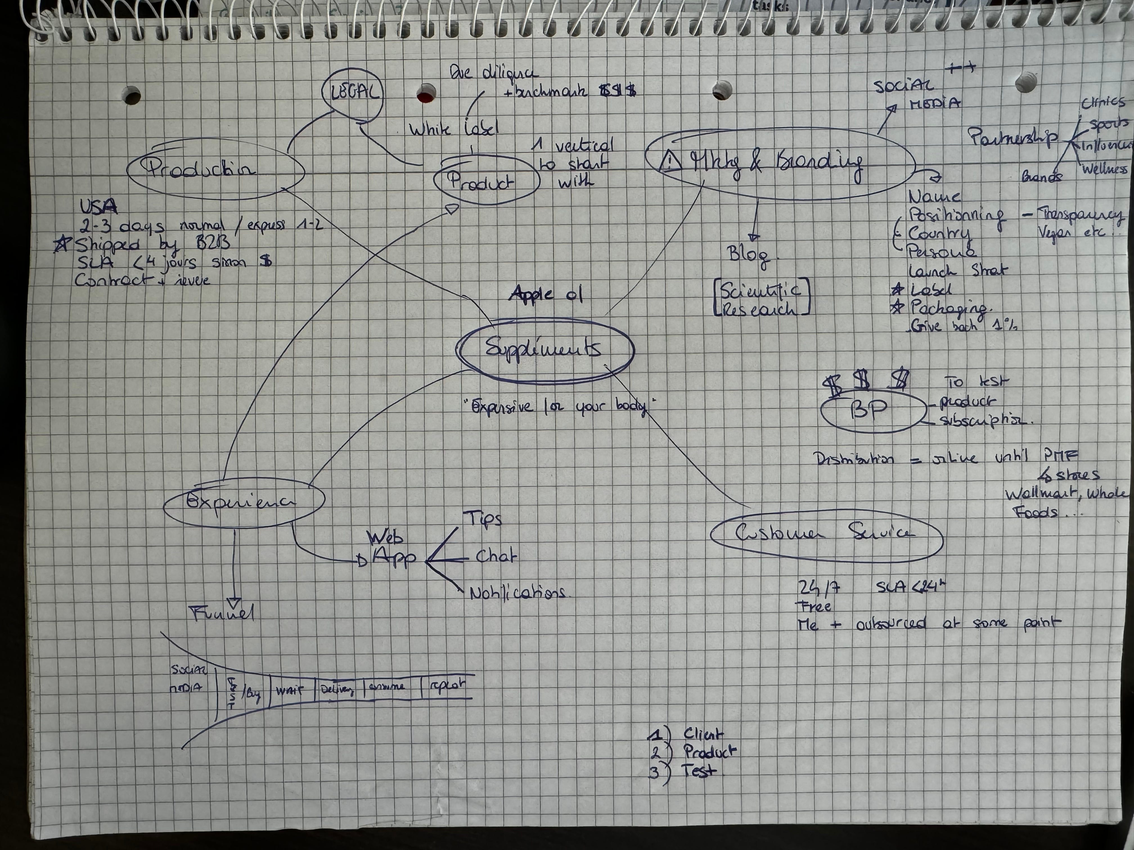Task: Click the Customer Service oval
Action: (825, 534)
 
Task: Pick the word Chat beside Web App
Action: (496, 557)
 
